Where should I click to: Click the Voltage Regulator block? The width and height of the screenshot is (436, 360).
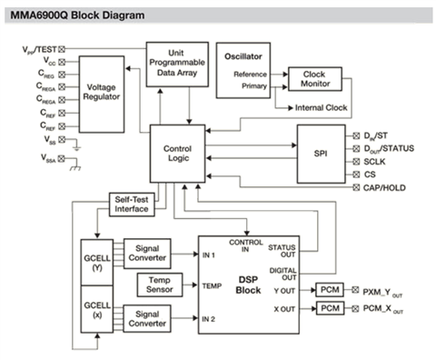[x=102, y=95]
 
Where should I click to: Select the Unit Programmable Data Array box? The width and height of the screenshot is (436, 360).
[x=177, y=65]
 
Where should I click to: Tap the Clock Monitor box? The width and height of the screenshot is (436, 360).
[x=315, y=79]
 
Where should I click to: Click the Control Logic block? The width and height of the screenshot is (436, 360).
[x=177, y=154]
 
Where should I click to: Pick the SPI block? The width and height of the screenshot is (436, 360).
[x=321, y=154]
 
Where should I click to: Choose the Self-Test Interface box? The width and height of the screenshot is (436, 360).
[x=132, y=205]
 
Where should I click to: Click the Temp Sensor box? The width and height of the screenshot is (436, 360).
[x=160, y=285]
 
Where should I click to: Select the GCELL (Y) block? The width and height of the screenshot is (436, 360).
[x=97, y=263]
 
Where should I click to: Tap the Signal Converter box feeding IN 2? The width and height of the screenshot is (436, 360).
[x=147, y=318]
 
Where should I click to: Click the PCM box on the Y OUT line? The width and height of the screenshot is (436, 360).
[x=330, y=290]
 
